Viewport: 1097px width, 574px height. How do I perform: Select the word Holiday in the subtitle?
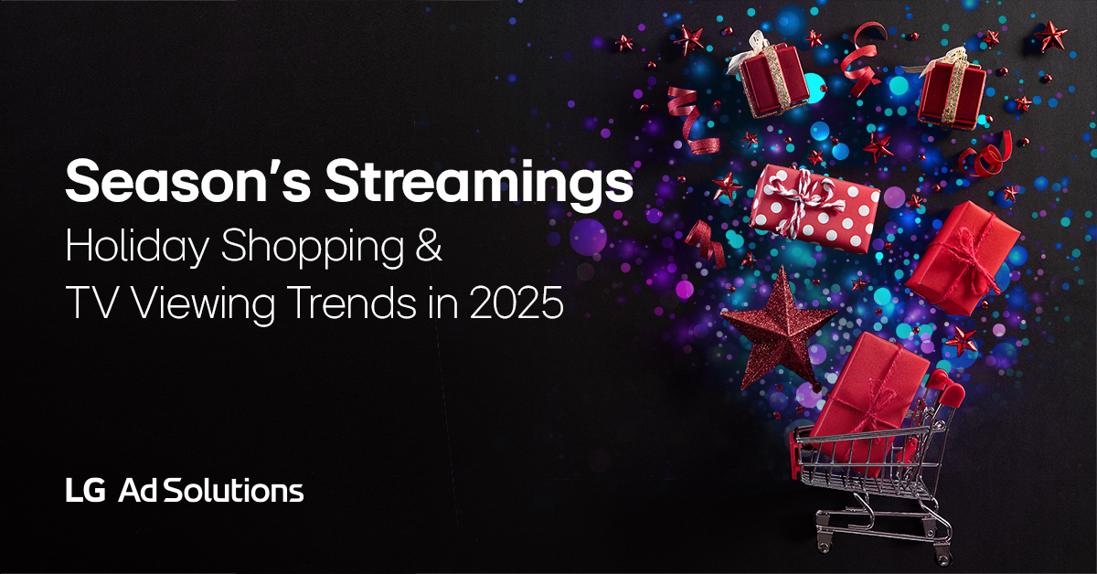click(x=137, y=247)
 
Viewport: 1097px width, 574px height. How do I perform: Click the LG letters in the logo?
click(x=86, y=490)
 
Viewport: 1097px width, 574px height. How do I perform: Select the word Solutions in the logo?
click(x=233, y=490)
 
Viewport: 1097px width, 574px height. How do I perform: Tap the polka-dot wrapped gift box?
click(x=814, y=207)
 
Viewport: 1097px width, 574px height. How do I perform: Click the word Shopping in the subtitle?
click(x=313, y=248)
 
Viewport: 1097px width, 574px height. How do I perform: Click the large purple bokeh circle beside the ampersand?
click(x=588, y=237)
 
